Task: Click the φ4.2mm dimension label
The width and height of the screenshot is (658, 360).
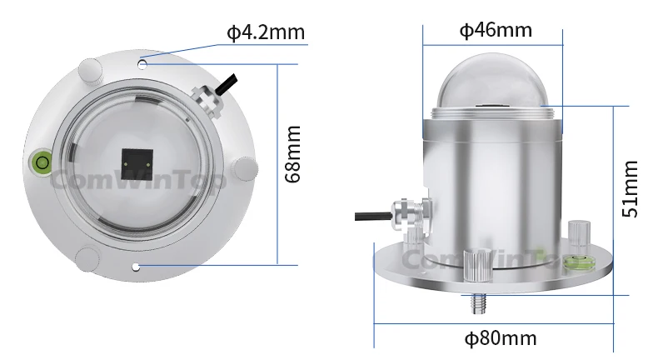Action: point(266,33)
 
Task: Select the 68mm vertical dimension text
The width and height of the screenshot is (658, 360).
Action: point(292,154)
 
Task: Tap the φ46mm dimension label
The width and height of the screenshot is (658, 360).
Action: point(496,31)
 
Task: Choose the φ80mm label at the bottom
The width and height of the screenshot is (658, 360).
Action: point(500,338)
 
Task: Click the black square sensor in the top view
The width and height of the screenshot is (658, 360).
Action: point(135,164)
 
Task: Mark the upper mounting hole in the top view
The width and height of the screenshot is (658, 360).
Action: point(143,62)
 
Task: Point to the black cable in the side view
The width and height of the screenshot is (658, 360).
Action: point(371,215)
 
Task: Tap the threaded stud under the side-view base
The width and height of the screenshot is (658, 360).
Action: point(478,303)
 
